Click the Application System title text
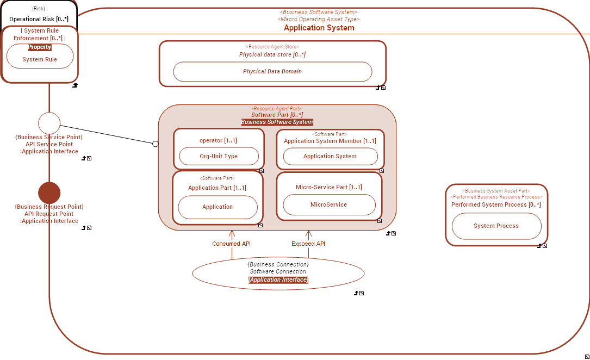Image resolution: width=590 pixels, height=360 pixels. coord(319,28)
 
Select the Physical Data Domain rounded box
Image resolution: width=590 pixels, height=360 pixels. coord(272,71)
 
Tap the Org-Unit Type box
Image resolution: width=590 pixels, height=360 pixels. coord(218,156)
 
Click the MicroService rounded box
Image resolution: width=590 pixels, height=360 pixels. coord(328,204)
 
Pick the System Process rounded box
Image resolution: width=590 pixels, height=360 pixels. coord(496,226)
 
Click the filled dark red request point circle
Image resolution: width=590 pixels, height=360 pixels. coord(49,193)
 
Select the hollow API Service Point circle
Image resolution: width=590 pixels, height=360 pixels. coord(49,123)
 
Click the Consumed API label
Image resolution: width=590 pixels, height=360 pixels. coord(231,244)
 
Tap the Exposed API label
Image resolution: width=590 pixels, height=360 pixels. coord(308,244)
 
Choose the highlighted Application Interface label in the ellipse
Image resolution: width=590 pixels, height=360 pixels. coord(278,280)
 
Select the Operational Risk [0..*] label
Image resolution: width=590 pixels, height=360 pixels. coord(39,19)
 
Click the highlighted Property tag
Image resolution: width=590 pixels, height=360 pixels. coord(40,47)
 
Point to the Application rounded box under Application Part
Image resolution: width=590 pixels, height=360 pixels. coord(218,207)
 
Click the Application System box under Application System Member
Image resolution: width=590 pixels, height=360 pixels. coord(330,156)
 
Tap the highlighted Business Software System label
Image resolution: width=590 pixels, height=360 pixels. coord(277,122)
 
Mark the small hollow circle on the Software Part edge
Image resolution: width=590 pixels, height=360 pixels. coord(155,144)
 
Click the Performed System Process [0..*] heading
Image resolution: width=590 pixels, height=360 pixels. coord(496,204)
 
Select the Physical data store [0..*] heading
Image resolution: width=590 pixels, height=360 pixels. coord(272,54)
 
